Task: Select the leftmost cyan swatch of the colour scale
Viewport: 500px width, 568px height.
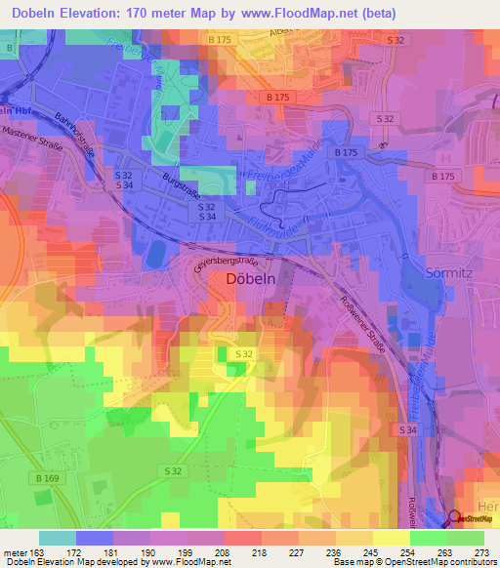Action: [57, 538]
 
